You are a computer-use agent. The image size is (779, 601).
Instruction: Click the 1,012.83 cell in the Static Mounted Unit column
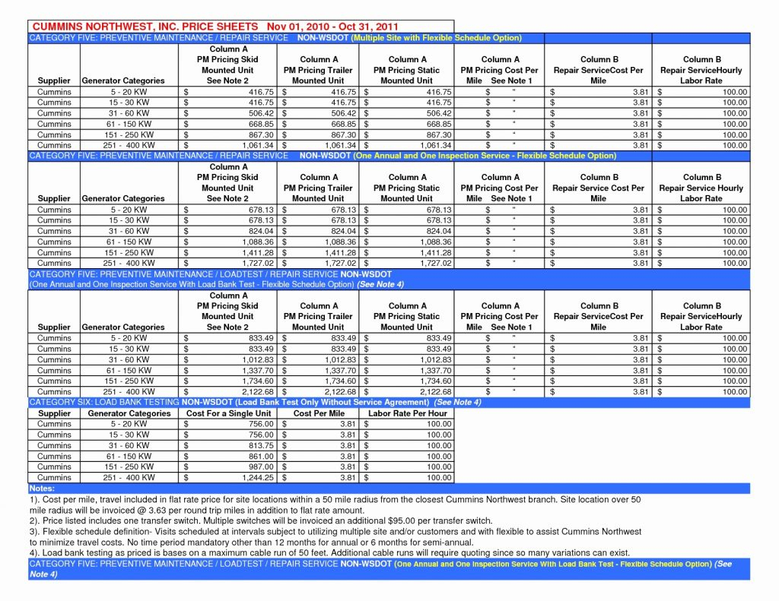434,359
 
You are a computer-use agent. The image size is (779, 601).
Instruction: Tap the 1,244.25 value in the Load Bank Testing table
258,477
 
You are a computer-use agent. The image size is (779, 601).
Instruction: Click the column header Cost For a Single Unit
227,413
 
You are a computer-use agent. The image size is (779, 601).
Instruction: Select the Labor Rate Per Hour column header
408,413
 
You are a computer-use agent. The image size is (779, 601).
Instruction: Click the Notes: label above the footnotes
41,488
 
